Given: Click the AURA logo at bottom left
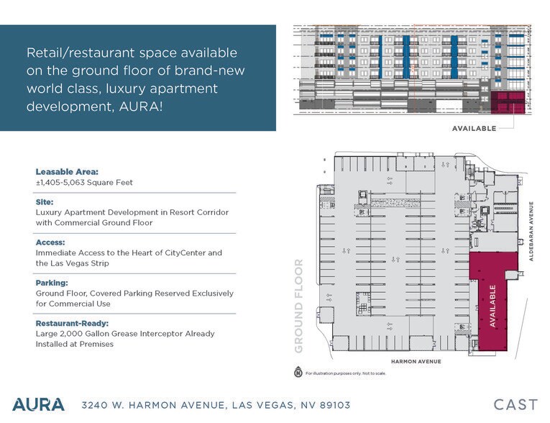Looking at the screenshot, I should point(38,404).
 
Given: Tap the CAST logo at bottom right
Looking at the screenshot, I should point(515,404).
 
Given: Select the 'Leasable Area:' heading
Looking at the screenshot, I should point(67,172).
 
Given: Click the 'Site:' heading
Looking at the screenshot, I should point(44,203).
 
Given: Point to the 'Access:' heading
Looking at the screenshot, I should point(50,243).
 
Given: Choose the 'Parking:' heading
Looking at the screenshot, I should point(52,283).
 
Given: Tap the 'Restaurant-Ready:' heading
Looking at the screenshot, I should point(73,324).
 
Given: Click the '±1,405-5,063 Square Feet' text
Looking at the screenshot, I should point(84,183).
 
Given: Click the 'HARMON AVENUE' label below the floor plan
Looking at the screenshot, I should point(416,361).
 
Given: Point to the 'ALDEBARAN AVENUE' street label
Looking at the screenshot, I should point(535,229).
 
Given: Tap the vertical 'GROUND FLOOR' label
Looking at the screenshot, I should point(300,305).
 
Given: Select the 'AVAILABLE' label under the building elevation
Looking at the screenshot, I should point(474,129).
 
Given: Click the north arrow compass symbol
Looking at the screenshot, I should point(298,373).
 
